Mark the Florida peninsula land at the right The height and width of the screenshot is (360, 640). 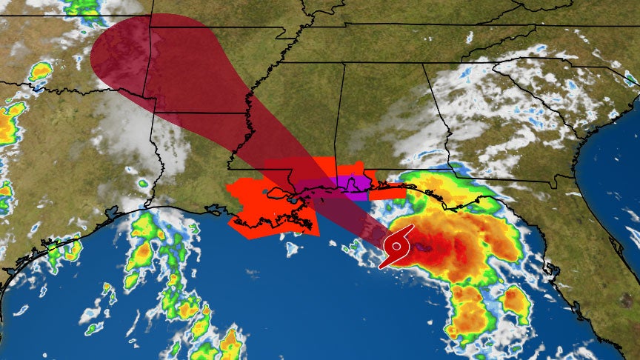click(593, 281)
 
